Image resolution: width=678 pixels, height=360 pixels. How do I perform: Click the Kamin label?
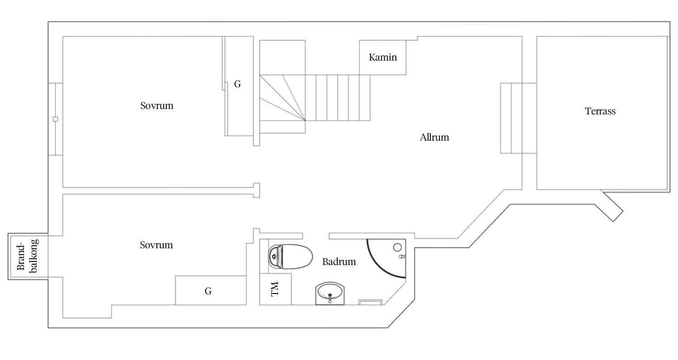click(x=382, y=57)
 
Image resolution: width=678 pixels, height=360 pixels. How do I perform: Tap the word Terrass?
click(x=600, y=111)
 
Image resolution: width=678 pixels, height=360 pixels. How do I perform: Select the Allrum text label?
click(x=434, y=137)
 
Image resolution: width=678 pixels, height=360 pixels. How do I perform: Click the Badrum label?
click(x=339, y=261)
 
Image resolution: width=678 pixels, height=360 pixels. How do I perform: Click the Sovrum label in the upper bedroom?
click(x=157, y=106)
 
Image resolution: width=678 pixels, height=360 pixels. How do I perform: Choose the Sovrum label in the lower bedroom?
click(x=156, y=245)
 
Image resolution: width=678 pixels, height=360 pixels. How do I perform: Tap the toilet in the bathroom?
click(x=290, y=257)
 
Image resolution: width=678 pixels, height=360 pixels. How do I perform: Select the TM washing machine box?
click(x=275, y=289)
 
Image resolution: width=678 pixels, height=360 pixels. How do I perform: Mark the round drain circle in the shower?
click(x=397, y=247)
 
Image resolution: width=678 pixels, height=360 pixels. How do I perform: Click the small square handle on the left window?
click(x=56, y=119)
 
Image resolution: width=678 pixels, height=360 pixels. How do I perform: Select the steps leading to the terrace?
click(x=511, y=118)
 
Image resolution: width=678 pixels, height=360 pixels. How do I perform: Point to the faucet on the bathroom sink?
click(x=330, y=298)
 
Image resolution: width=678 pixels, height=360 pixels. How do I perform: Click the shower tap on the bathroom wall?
click(x=402, y=257)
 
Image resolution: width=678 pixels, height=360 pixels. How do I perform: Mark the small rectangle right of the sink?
click(x=371, y=302)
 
